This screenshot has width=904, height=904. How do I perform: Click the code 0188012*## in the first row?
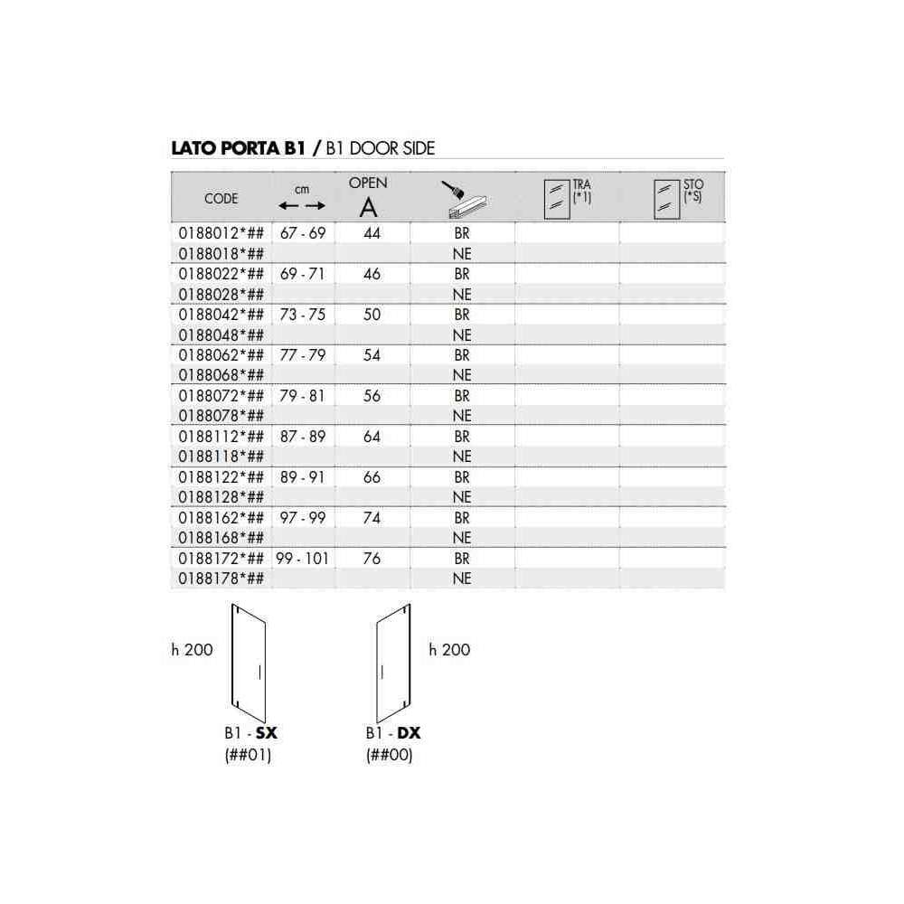pyautogui.click(x=221, y=233)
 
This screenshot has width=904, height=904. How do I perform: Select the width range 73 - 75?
pyautogui.click(x=303, y=315)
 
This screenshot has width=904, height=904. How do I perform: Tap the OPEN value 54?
pyautogui.click(x=372, y=355)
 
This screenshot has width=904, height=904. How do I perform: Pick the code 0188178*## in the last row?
pyautogui.click(x=221, y=579)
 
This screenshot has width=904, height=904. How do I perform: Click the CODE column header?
pyautogui.click(x=221, y=198)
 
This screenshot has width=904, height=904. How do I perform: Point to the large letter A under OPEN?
pyautogui.click(x=369, y=208)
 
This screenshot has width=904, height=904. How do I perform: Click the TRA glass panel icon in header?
pyautogui.click(x=557, y=200)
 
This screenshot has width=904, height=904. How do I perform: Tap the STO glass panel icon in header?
pyautogui.click(x=667, y=200)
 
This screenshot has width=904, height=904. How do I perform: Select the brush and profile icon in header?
pyautogui.click(x=464, y=200)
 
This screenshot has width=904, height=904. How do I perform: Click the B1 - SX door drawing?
pyautogui.click(x=249, y=663)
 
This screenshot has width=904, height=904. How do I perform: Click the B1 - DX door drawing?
pyautogui.click(x=394, y=663)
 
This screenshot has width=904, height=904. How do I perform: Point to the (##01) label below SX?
pyautogui.click(x=248, y=755)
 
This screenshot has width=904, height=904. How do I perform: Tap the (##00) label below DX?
pyautogui.click(x=389, y=755)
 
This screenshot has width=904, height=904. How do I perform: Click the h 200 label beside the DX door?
pyautogui.click(x=449, y=650)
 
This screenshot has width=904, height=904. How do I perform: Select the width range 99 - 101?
pyautogui.click(x=302, y=559)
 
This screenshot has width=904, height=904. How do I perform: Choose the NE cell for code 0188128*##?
pyautogui.click(x=462, y=497)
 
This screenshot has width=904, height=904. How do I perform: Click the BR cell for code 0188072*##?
pyautogui.click(x=462, y=396)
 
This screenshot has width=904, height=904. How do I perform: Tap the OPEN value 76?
pyautogui.click(x=372, y=559)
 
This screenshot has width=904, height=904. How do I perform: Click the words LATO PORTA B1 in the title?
pyautogui.click(x=238, y=148)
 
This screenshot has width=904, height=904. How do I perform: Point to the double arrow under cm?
pyautogui.click(x=302, y=206)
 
